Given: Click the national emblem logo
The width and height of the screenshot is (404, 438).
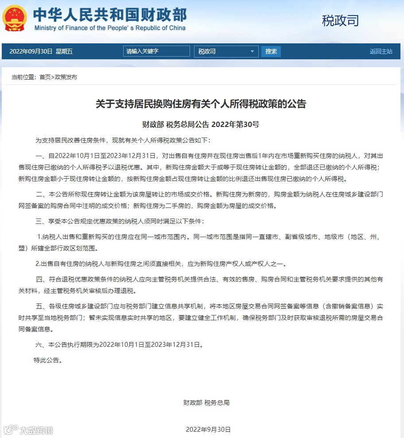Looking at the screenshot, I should click(x=15, y=18).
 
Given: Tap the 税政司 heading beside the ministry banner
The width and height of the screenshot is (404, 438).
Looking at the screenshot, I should click(x=340, y=20).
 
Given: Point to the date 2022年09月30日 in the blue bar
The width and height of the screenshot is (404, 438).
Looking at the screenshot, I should click(x=31, y=51).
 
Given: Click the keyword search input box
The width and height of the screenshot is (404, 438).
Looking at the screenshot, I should click(x=156, y=51).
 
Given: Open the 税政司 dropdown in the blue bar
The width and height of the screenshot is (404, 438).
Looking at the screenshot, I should click(x=226, y=51).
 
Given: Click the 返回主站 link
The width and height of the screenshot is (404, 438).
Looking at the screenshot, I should click(x=381, y=51).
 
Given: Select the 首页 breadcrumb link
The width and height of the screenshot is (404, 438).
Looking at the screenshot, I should click(x=45, y=77).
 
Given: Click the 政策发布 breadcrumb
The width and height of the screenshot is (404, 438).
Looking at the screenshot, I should click(x=66, y=77).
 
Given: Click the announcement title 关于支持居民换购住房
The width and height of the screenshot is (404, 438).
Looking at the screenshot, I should click(x=201, y=104).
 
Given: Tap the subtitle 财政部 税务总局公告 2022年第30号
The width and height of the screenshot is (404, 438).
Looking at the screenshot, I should click(x=201, y=124).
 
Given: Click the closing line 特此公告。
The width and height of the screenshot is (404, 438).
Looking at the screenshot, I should click(x=48, y=360).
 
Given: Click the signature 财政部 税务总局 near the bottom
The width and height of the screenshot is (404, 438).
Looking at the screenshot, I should click(x=206, y=403).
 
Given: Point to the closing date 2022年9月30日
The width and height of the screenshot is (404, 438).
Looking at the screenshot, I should click(x=208, y=430).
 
